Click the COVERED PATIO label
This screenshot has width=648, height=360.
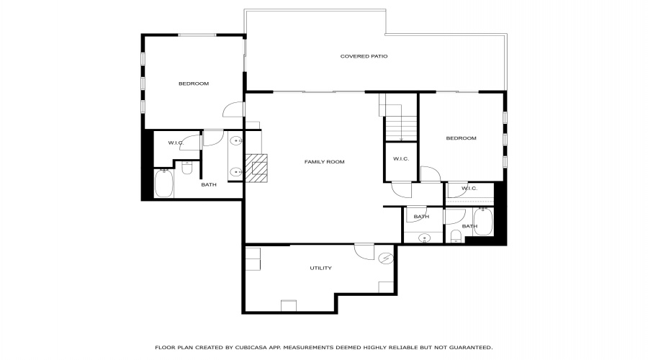click(364, 56)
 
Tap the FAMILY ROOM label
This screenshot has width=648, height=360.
click(325, 161)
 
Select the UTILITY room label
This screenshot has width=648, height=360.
click(320, 268)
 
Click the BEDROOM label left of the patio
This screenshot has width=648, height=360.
click(194, 84)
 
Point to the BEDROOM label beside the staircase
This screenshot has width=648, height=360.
click(462, 138)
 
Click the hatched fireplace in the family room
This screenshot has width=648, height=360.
click(256, 168)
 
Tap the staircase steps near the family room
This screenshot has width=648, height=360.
click(401, 129)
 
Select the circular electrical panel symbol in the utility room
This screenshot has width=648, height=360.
click(386, 258)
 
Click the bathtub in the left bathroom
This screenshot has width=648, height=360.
click(163, 183)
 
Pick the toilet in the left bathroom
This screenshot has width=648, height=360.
click(187, 167)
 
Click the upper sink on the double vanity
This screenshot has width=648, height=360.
click(236, 141)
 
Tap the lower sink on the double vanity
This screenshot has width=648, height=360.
click(236, 171)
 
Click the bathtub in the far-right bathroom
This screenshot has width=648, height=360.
click(483, 222)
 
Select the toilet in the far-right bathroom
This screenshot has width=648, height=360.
click(456, 236)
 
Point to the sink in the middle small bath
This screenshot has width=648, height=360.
click(424, 238)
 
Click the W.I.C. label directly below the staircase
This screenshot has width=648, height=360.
click(401, 158)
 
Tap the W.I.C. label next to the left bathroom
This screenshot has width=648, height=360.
click(176, 143)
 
